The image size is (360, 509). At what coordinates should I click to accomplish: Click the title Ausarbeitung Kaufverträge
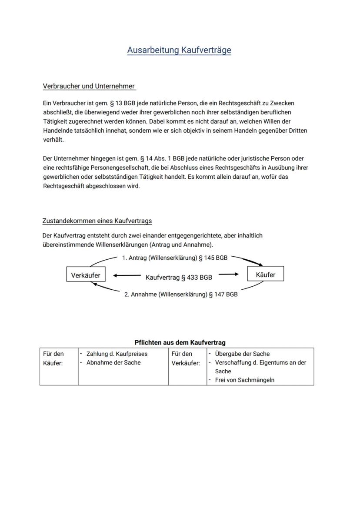(179, 50)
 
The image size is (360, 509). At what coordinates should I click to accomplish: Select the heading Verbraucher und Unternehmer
(89, 86)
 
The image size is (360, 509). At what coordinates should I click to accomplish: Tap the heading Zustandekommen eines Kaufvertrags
(97, 221)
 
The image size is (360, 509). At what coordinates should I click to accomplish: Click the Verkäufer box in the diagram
(86, 275)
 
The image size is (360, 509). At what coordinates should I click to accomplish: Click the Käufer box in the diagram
(265, 275)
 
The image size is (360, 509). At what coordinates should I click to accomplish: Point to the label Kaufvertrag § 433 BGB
(179, 277)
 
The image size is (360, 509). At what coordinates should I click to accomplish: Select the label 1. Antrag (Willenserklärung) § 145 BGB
(174, 258)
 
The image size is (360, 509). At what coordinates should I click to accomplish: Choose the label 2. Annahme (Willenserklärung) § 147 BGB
(181, 295)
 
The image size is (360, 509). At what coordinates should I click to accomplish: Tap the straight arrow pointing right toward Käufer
(229, 274)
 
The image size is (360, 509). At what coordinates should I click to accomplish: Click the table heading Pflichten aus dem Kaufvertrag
(180, 342)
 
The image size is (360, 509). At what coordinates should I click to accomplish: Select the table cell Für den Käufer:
(53, 358)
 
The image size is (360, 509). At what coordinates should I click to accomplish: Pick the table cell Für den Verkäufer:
(186, 358)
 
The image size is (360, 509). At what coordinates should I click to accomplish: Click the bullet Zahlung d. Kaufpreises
(117, 354)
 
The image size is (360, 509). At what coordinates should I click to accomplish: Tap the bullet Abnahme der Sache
(113, 362)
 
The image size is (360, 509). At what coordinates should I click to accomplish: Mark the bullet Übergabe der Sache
(242, 354)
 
